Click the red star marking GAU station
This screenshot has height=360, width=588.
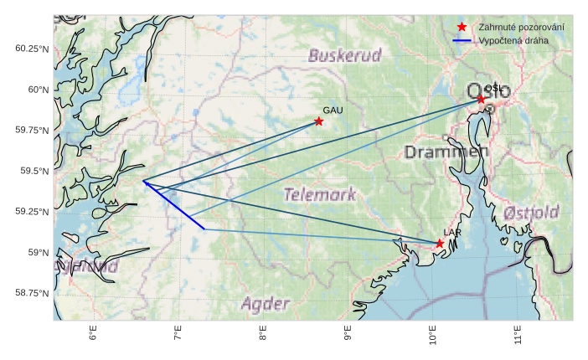click(319, 121)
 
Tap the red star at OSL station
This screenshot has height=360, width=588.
click(481, 99)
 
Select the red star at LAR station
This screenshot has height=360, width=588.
click(440, 243)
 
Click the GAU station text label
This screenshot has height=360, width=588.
click(333, 111)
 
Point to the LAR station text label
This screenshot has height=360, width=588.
click(452, 232)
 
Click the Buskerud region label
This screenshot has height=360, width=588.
click(344, 56)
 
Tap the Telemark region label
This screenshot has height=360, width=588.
click(319, 195)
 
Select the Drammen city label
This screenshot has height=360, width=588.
click(446, 152)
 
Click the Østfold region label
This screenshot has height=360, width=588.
click(531, 213)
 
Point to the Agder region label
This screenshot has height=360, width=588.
click(265, 304)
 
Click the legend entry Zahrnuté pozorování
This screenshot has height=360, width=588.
click(520, 28)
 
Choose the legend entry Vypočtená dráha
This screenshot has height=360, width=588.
click(513, 40)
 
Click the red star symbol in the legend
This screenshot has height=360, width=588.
click(462, 28)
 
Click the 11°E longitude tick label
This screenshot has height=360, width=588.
click(518, 334)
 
